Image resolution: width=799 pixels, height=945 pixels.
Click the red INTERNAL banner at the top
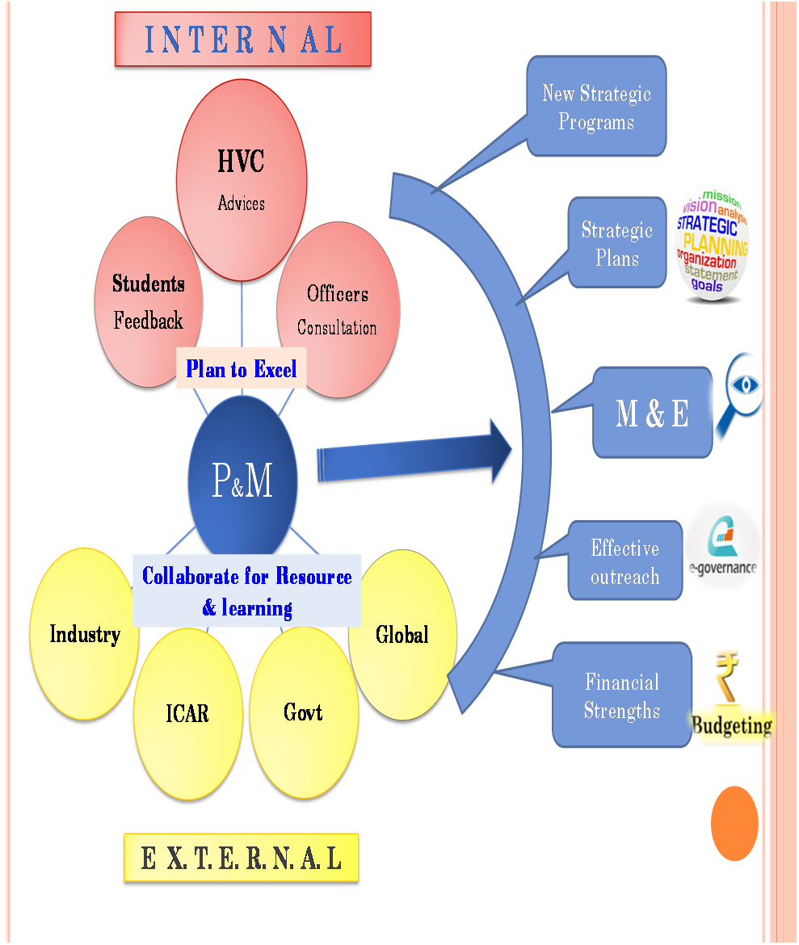(242, 39)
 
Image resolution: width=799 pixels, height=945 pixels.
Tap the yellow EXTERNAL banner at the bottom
(241, 858)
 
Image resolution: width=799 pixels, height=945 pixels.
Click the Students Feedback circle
(148, 307)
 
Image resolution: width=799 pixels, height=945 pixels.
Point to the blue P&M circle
(242, 481)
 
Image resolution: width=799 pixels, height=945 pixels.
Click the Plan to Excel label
(242, 369)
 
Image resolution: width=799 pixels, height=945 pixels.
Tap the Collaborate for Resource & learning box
(246, 590)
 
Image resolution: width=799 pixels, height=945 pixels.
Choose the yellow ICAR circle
(187, 714)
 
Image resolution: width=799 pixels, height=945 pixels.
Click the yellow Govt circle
(303, 712)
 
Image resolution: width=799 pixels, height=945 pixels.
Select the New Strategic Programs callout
(596, 107)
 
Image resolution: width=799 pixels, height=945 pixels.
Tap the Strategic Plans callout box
(616, 243)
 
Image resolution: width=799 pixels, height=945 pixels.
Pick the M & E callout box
(652, 414)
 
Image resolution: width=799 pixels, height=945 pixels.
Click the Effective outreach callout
(624, 561)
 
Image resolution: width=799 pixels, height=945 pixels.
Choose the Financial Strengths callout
(621, 695)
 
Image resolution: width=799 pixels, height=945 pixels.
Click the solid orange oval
(734, 823)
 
